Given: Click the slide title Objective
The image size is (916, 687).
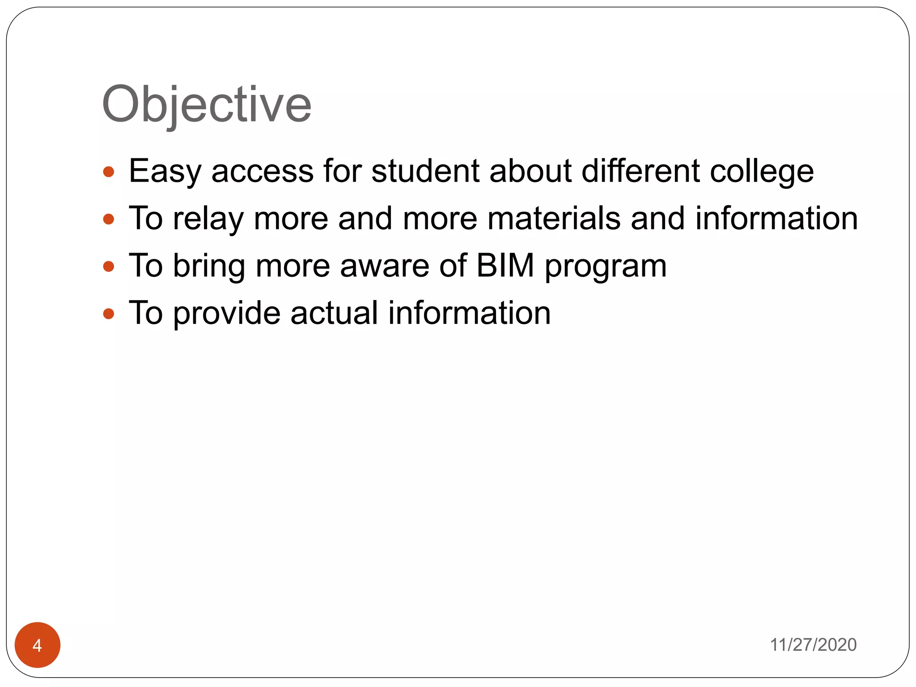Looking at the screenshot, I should point(207,105).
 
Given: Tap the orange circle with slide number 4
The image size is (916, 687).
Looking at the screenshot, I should point(38,645).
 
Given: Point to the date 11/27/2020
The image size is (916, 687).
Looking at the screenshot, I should point(813,645).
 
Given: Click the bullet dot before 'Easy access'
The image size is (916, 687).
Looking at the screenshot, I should point(109,172).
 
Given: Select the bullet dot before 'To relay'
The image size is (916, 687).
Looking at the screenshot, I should point(109,219).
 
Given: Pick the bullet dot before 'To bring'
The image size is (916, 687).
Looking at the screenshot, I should point(109,267).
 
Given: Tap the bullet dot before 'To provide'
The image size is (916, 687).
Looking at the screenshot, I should point(109,314).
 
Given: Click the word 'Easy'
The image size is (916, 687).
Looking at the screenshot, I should point(165,172).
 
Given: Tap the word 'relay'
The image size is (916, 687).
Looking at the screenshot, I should point(208,219).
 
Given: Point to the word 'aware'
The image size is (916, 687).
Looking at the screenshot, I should point(385,267).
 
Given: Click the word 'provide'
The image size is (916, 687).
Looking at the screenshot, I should point(227,314).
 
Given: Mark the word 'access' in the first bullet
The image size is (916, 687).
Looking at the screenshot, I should point(263,172).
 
